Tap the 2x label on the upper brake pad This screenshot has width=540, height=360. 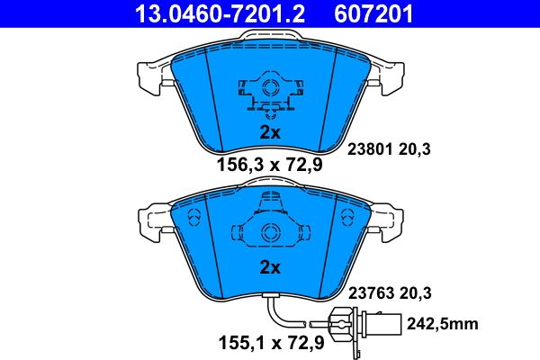pyautogui.click(x=270, y=132)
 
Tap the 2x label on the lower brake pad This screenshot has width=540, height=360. pyautogui.click(x=270, y=267)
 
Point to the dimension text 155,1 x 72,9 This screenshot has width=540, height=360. pyautogui.click(x=270, y=342)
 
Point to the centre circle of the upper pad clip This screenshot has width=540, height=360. pyautogui.click(x=268, y=90)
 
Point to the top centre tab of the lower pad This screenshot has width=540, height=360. pyautogui.click(x=268, y=183)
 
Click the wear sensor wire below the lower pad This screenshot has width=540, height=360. pyautogui.click(x=279, y=314)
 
